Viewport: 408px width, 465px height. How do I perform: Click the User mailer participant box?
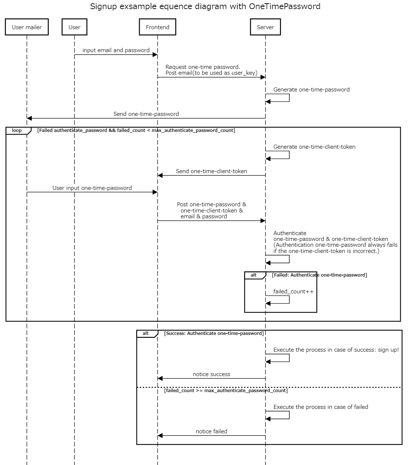click(x=27, y=27)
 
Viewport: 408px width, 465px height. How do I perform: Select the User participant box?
click(x=74, y=27)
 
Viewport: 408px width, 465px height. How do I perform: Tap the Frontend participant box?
click(x=157, y=27)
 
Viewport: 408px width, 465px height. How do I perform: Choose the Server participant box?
click(x=265, y=27)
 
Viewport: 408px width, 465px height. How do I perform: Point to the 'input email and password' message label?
click(x=116, y=50)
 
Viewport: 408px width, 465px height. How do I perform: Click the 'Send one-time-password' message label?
click(x=146, y=114)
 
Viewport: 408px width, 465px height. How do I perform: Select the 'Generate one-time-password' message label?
click(x=311, y=90)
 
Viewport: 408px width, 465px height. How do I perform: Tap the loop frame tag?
click(x=17, y=130)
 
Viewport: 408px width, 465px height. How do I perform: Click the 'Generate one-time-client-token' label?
click(x=314, y=147)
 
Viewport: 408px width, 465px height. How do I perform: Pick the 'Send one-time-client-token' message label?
click(x=211, y=171)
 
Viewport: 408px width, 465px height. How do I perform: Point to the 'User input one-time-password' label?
click(x=92, y=188)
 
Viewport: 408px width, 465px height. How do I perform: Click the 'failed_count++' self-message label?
click(x=293, y=292)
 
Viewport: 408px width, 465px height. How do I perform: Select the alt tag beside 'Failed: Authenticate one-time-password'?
click(x=254, y=275)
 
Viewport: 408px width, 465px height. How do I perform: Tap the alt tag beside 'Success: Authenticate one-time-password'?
click(x=146, y=333)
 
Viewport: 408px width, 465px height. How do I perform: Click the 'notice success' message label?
click(x=211, y=374)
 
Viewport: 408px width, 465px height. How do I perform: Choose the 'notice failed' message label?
click(x=211, y=431)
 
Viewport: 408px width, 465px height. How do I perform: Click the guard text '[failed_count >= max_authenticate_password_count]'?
click(x=226, y=391)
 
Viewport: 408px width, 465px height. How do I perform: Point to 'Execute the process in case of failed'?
click(x=320, y=407)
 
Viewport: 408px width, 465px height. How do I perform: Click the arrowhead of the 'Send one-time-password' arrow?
click(x=30, y=118)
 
